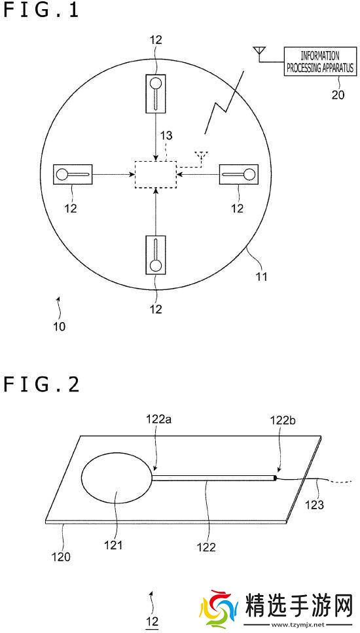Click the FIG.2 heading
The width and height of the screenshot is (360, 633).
point(41,384)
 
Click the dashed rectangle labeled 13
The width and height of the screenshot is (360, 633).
point(156,174)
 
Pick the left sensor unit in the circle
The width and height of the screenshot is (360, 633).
point(73,174)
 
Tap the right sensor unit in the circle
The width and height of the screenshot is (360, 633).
point(238,174)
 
